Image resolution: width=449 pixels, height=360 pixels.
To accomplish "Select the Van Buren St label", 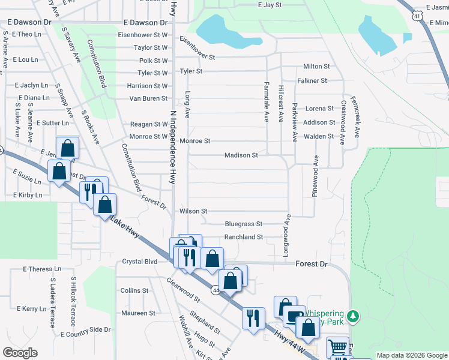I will pyautogui.click(x=148, y=98).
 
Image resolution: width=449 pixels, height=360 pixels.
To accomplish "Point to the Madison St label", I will pyautogui.click(x=241, y=155).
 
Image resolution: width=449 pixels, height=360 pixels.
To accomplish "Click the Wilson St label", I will pyautogui.click(x=193, y=211).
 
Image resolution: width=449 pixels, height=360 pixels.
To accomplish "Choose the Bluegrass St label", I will pyautogui.click(x=244, y=224).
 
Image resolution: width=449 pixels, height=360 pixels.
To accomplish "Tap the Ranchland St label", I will pyautogui.click(x=244, y=237).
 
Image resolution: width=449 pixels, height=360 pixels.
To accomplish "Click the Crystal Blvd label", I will pyautogui.click(x=139, y=262).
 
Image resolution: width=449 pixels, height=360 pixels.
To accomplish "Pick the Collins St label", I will pyautogui.click(x=134, y=290).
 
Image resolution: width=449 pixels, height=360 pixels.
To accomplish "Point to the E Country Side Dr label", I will pyautogui.click(x=85, y=329).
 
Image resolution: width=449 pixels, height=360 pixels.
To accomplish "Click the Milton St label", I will pyautogui.click(x=316, y=67).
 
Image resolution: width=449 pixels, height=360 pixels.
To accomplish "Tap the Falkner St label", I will pyautogui.click(x=312, y=80).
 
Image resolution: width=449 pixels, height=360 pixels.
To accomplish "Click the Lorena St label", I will pyautogui.click(x=319, y=109).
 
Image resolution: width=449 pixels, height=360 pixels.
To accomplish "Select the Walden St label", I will pyautogui.click(x=318, y=136).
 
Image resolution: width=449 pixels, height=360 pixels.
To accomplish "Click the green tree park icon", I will pyautogui.click(x=354, y=316).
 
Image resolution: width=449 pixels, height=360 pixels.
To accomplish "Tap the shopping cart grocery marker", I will pyautogui.click(x=338, y=347).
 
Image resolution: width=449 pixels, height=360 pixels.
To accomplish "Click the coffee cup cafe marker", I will pyautogui.click(x=294, y=316).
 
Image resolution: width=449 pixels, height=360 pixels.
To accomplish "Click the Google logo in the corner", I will pyautogui.click(x=20, y=353).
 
